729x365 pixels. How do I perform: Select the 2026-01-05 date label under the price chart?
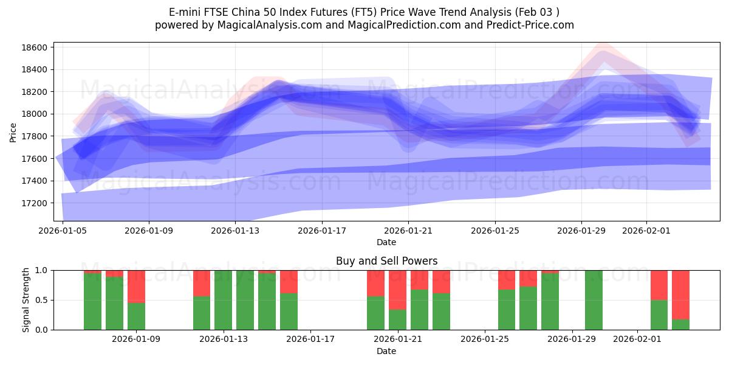(x=63, y=231)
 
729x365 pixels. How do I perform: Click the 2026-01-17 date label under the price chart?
(x=321, y=231)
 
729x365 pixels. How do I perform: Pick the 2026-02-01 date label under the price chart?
(x=646, y=231)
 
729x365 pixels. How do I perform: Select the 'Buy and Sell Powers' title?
(x=386, y=261)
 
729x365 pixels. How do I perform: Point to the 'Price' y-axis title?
(x=14, y=131)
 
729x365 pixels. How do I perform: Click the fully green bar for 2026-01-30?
(x=594, y=300)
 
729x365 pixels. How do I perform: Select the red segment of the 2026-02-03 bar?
(x=680, y=294)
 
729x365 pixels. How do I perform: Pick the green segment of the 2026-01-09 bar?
(x=136, y=316)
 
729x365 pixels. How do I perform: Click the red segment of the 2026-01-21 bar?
(x=397, y=290)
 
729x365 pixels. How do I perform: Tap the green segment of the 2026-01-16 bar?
(x=289, y=311)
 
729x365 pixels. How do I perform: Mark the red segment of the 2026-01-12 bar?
(x=202, y=283)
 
